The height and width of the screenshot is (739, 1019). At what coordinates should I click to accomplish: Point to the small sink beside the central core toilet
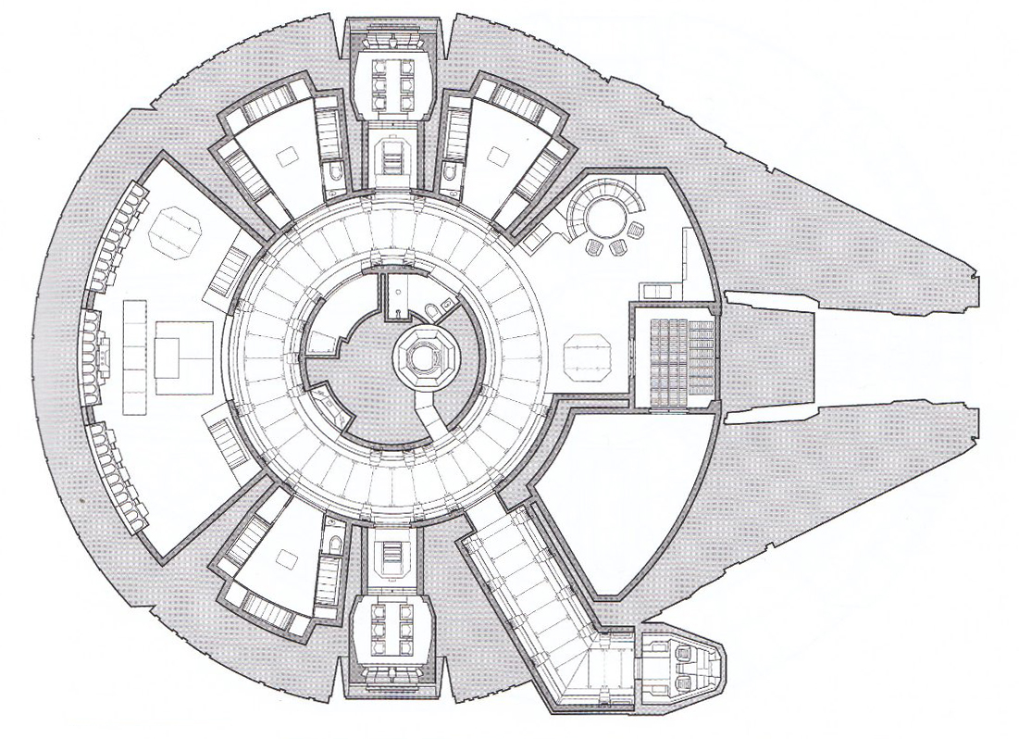pos(448,303)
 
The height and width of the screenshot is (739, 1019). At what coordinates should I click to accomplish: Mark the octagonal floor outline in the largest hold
pos(175,230)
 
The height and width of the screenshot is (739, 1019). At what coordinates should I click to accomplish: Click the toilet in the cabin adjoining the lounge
pos(448,173)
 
